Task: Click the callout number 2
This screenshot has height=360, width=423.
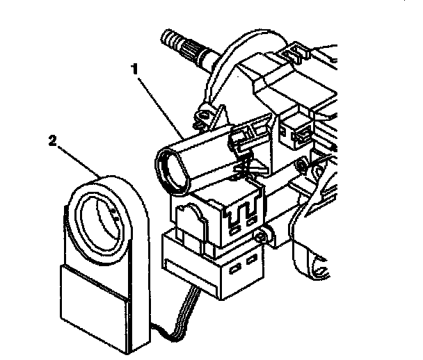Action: (52, 141)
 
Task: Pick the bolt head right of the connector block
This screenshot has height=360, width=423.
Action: (260, 238)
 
